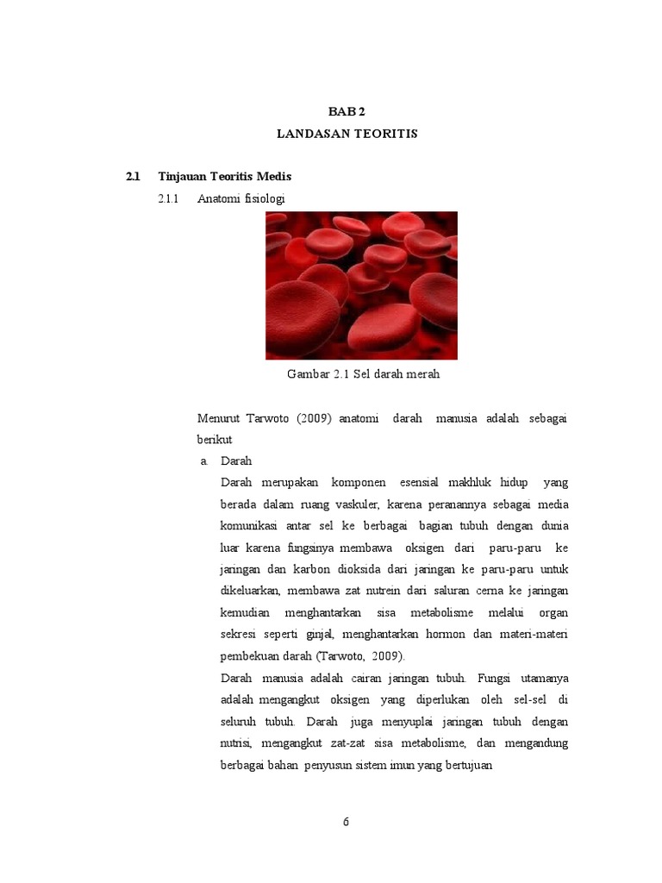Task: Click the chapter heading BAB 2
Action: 347,112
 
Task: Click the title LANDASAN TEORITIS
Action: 347,134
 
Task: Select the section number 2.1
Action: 132,177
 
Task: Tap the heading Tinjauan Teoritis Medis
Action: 225,177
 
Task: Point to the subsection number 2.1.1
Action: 166,199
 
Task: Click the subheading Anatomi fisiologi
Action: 240,199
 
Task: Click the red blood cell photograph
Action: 361,285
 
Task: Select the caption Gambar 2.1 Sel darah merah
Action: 363,374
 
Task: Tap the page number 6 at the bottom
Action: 346,822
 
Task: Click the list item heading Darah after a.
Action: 236,461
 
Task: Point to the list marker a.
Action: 204,461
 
